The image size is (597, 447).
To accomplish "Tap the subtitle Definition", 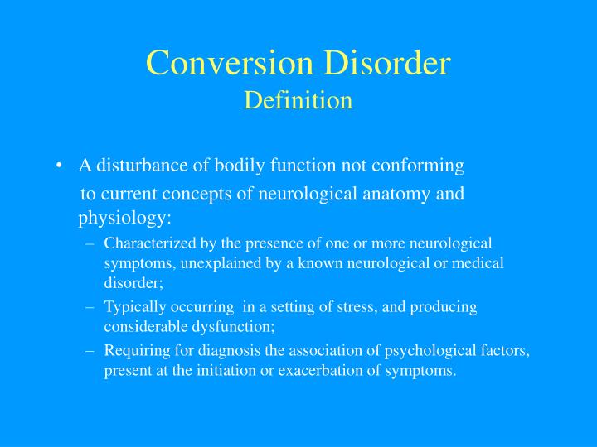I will (298, 100).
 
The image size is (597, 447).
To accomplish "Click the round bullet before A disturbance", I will (61, 166).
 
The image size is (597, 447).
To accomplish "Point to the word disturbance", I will (142, 166).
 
